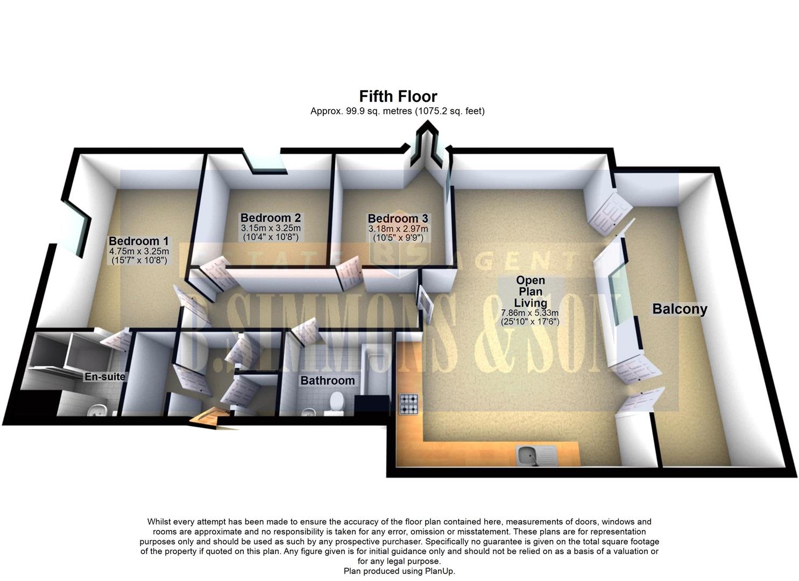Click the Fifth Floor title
point(398,97)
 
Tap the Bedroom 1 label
point(138,241)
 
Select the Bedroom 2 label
point(270,218)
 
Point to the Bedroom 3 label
point(398,218)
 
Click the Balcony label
point(679,309)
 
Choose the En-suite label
point(104,377)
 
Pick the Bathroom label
point(327,381)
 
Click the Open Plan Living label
point(530,292)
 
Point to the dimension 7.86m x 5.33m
point(530,313)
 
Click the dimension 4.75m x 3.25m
point(139,251)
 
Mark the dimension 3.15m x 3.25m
point(271,228)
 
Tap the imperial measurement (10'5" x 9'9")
point(398,237)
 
